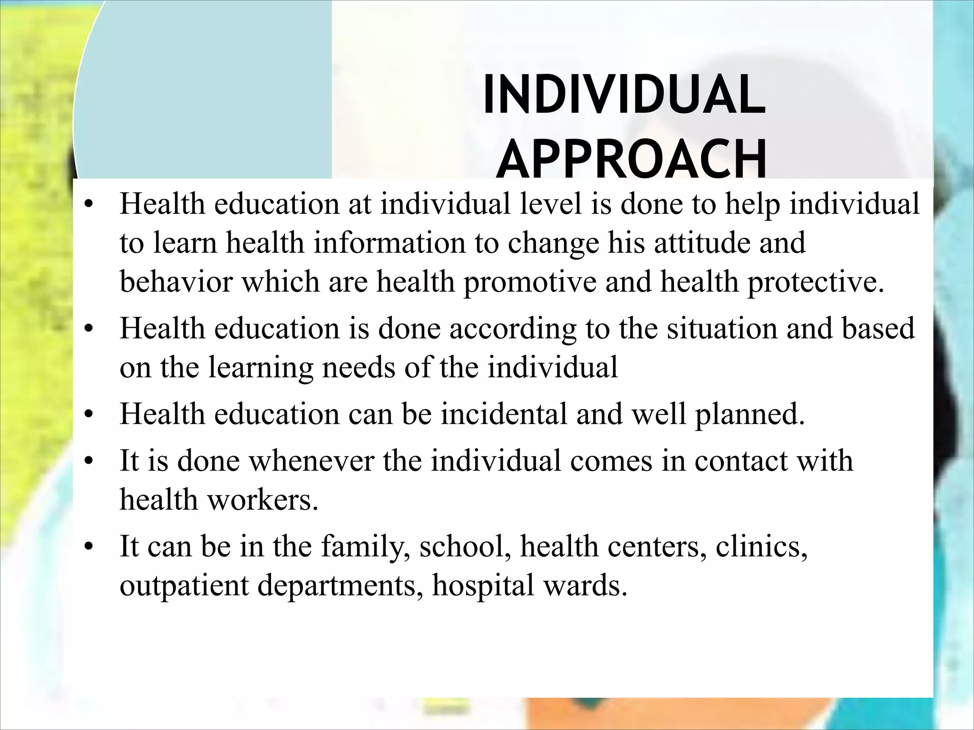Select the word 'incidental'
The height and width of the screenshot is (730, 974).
pos(503,413)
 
